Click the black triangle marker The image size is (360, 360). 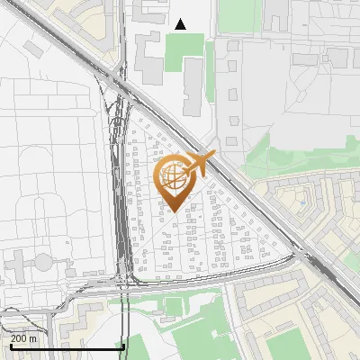(181, 24)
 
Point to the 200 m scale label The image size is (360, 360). (24, 338)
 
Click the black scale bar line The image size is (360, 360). (62, 346)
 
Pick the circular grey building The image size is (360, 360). (43, 262)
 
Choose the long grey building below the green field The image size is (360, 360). (193, 90)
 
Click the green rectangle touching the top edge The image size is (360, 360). (236, 11)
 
